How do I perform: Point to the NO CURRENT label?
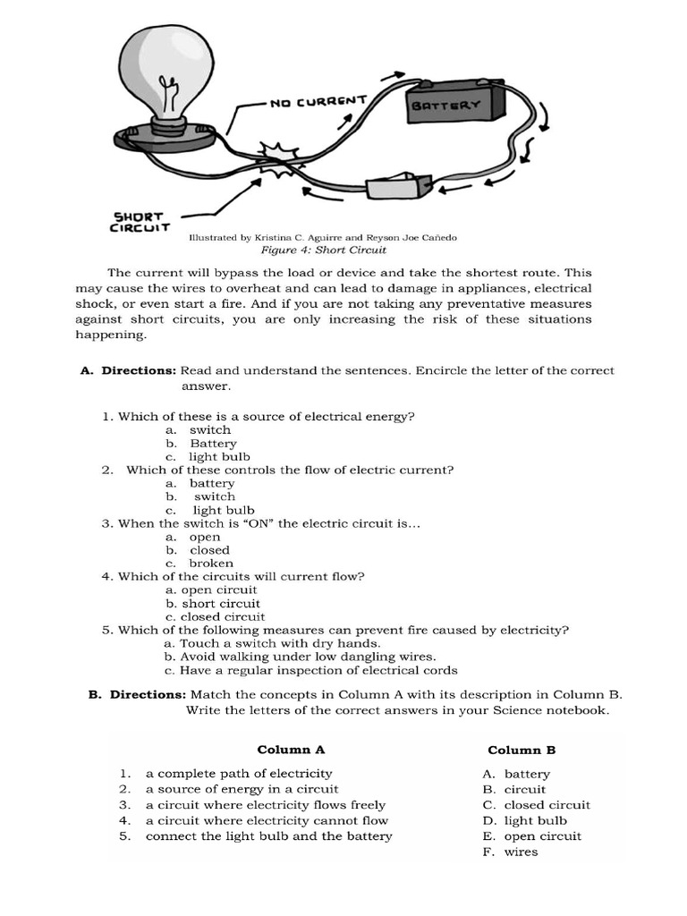tap(318, 102)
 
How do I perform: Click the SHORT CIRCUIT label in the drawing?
tap(140, 222)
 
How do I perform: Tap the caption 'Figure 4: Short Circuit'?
tap(323, 250)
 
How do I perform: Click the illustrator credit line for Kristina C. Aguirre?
tap(323, 238)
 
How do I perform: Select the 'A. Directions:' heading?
tap(129, 370)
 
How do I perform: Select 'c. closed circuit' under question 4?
tap(215, 616)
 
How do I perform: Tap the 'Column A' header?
tap(291, 750)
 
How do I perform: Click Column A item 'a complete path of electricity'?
tap(238, 774)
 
